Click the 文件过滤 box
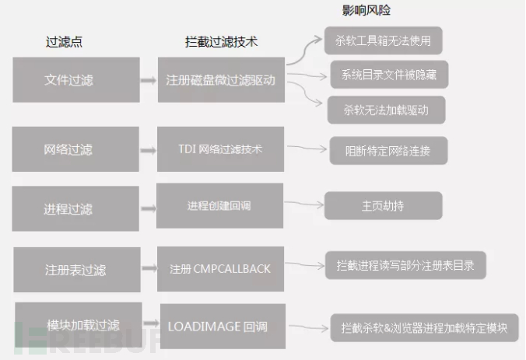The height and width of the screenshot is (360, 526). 76,80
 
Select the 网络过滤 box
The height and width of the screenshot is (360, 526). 75,149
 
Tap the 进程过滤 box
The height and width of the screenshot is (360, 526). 75,208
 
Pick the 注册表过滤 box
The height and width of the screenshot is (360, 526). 77,270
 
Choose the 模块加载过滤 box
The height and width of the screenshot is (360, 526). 79,325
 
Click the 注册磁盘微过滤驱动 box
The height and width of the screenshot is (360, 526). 222,80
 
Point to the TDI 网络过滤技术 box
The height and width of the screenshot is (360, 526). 220,149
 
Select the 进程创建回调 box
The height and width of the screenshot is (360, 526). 219,205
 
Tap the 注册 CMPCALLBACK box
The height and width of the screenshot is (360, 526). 220,269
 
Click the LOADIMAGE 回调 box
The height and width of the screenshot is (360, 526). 223,327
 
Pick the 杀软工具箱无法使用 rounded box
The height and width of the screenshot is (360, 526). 383,40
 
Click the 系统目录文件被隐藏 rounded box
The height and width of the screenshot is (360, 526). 389,75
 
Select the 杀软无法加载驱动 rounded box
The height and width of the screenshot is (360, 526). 386,110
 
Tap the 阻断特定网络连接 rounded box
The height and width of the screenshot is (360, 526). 388,151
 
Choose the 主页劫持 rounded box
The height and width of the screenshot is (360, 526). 383,205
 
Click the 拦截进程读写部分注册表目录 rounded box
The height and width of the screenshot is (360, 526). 405,265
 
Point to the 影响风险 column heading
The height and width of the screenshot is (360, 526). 366,10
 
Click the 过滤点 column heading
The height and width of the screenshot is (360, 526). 64,41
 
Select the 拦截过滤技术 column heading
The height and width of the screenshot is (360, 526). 222,41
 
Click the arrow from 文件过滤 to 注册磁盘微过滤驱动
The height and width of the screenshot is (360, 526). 149,80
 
